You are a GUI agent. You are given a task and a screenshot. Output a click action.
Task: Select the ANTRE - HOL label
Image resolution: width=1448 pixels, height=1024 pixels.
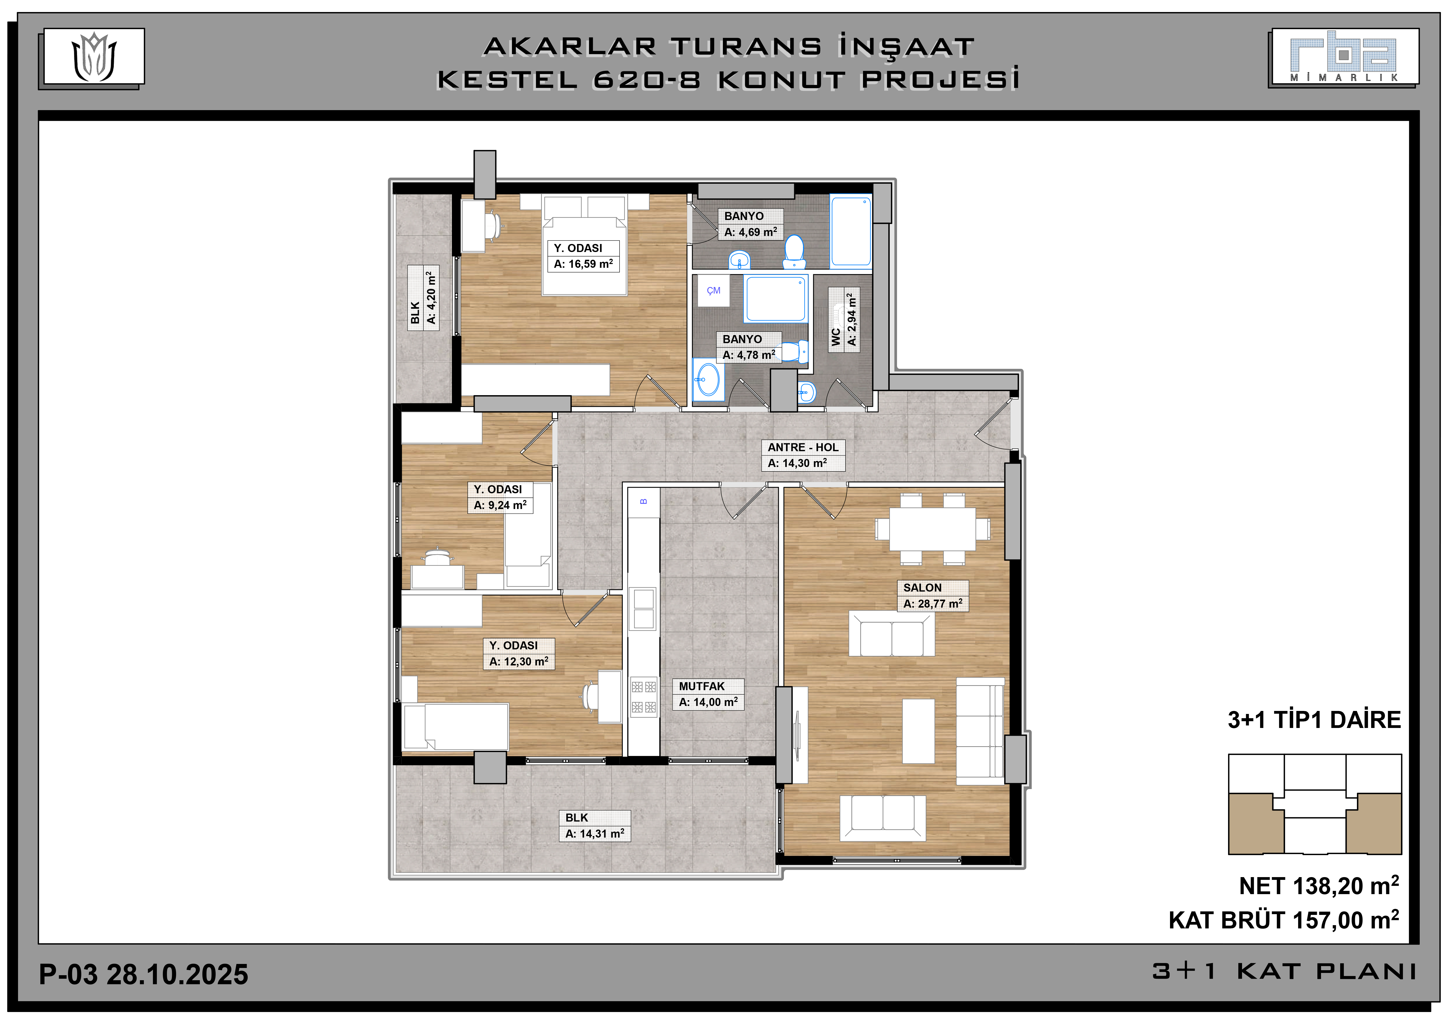tap(803, 447)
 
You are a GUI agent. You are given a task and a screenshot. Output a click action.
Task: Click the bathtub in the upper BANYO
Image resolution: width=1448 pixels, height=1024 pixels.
tap(851, 231)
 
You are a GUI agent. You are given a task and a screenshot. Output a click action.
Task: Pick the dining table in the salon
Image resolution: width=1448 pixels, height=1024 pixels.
tap(932, 529)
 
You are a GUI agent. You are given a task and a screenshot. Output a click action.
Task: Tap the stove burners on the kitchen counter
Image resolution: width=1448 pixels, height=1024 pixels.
tap(643, 697)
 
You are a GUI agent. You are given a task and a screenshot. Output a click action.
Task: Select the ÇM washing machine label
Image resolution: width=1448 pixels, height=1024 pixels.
tap(713, 291)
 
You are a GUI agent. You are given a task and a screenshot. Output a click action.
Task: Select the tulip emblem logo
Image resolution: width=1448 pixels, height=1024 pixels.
tap(94, 57)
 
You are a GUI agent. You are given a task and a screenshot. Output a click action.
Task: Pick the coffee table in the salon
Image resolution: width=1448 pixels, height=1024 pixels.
tap(918, 731)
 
